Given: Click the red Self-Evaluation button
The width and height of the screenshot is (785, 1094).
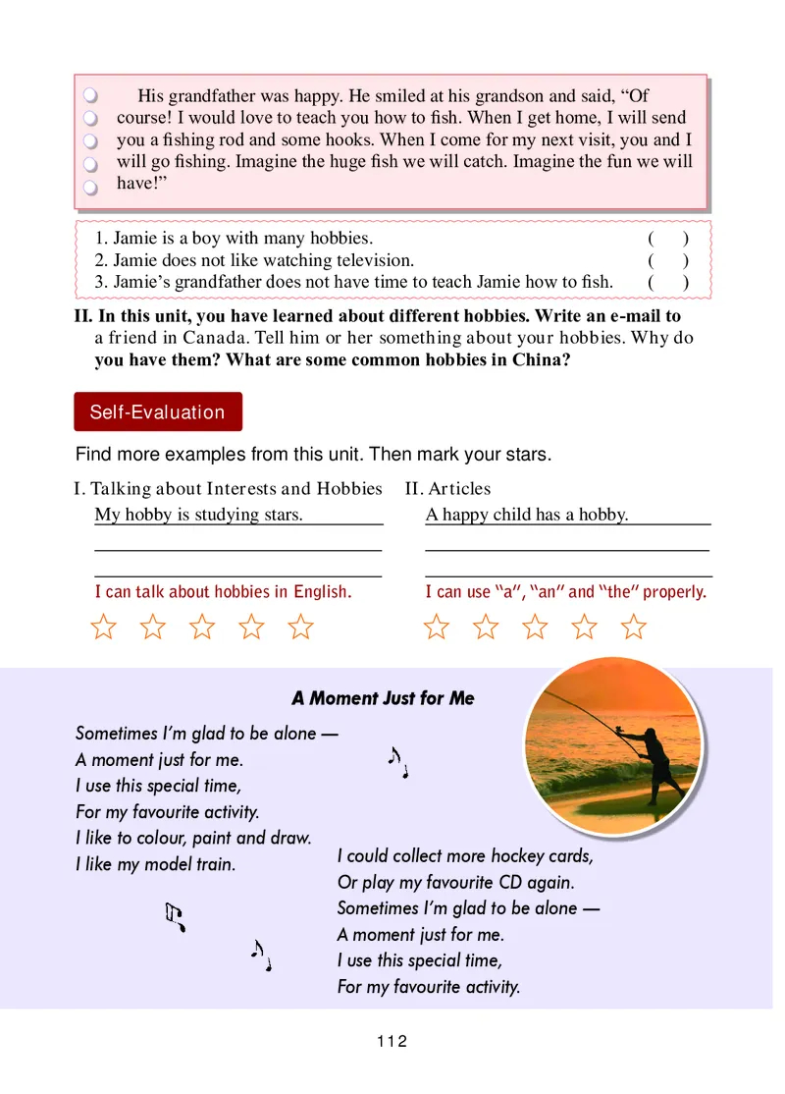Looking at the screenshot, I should click(x=157, y=412).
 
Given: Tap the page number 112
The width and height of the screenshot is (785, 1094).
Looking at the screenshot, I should click(x=391, y=1042).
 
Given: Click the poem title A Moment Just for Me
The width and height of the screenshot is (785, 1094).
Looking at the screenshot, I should click(x=383, y=698).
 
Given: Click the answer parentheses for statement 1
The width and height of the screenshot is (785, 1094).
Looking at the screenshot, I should click(x=667, y=239).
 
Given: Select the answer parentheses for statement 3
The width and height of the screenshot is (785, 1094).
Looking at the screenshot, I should click(x=667, y=283).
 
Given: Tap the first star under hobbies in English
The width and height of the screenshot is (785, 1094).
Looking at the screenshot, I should click(x=103, y=627).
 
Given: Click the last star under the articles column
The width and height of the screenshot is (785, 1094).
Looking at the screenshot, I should click(x=635, y=627).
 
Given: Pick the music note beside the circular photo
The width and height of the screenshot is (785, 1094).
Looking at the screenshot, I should click(x=397, y=761).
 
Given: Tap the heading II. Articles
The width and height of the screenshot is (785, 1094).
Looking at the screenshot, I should click(x=447, y=488).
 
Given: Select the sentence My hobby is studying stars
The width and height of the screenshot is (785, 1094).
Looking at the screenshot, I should click(x=198, y=515).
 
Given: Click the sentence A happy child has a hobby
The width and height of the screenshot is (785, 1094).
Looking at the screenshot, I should click(x=526, y=515).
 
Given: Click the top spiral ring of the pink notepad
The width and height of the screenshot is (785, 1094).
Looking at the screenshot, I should click(x=89, y=96).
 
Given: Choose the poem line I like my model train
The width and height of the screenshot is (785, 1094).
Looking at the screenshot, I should click(x=155, y=865).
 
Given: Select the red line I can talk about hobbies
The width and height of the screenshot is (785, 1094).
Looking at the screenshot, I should click(x=223, y=592).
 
